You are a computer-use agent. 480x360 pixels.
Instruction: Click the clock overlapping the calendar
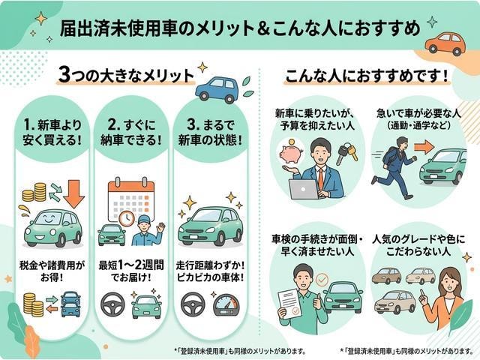tap(127, 218)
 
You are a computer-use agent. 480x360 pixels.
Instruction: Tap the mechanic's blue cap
tap(145, 220)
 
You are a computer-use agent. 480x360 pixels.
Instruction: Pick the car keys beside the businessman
tap(346, 155)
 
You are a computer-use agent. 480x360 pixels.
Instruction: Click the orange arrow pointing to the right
tap(424, 148)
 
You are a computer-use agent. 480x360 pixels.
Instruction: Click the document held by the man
tap(289, 304)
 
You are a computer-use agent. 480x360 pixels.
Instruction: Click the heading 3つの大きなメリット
tap(127, 76)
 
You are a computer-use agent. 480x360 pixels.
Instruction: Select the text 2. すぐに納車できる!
tap(131, 133)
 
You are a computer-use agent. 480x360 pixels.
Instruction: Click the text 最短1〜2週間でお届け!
tap(131, 271)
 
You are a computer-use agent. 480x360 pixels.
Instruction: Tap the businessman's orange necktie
tap(320, 178)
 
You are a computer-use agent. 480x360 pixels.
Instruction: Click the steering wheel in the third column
tap(193, 304)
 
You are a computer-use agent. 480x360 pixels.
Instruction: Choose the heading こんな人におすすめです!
tap(366, 76)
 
